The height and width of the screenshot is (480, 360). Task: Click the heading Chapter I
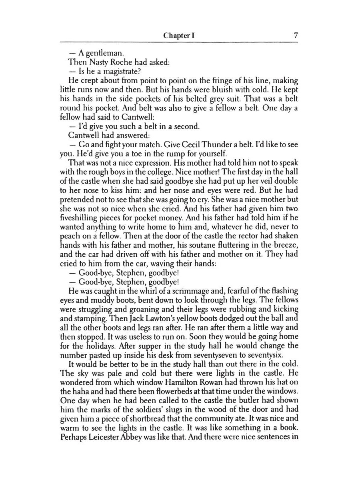(x=179, y=36)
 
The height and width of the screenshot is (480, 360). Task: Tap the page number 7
(x=296, y=35)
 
